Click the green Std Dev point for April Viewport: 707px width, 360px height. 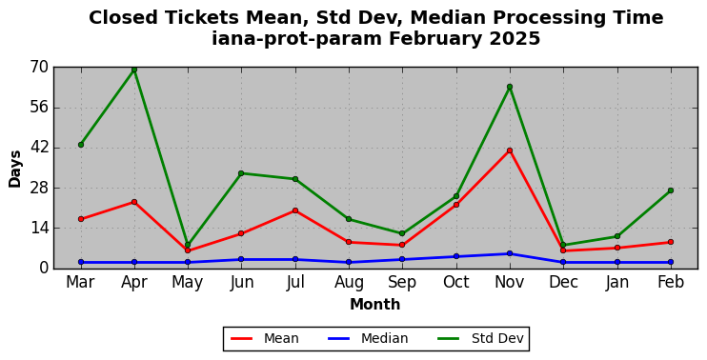pyautogui.click(x=134, y=70)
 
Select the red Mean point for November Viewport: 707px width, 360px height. pyautogui.click(x=510, y=150)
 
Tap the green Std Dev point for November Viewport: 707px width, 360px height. pyautogui.click(x=510, y=87)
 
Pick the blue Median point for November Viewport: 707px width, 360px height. pyautogui.click(x=510, y=253)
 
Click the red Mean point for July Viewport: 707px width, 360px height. pyautogui.click(x=295, y=210)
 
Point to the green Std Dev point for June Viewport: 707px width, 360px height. pyautogui.click(x=241, y=173)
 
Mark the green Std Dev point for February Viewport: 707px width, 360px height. pyautogui.click(x=671, y=190)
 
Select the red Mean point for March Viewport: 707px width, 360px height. pyautogui.click(x=81, y=219)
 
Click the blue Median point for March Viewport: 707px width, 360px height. pyautogui.click(x=81, y=262)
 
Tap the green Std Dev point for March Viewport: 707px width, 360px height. pyautogui.click(x=81, y=145)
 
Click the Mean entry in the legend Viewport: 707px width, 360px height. pyautogui.click(x=265, y=338)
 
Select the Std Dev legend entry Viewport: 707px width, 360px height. pyautogui.click(x=480, y=338)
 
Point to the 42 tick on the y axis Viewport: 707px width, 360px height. pyautogui.click(x=39, y=148)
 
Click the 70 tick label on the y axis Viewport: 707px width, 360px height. pyautogui.click(x=39, y=68)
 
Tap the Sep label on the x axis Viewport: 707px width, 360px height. pyautogui.click(x=402, y=283)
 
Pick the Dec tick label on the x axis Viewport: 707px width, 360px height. pyautogui.click(x=563, y=283)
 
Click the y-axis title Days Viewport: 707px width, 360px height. pyautogui.click(x=15, y=169)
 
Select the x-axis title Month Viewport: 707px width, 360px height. pyautogui.click(x=375, y=305)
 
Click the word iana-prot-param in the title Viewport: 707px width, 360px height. pyautogui.click(x=296, y=39)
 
